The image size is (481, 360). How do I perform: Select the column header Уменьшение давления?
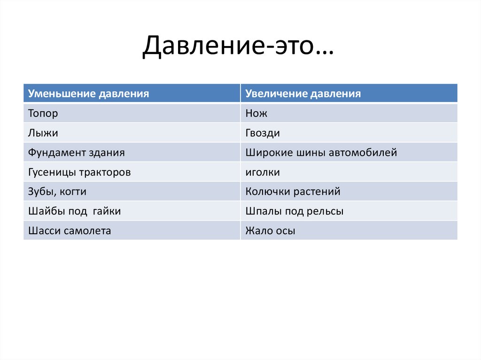click(x=89, y=93)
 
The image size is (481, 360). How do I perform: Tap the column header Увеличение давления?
click(x=303, y=93)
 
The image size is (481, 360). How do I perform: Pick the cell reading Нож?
click(x=256, y=113)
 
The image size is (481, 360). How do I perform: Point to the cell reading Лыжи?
click(x=43, y=133)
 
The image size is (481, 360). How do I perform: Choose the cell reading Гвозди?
click(x=263, y=133)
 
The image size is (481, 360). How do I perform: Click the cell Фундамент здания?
click(x=77, y=153)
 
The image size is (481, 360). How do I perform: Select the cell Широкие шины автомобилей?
click(x=321, y=153)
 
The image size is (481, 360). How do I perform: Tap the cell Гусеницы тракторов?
click(x=79, y=172)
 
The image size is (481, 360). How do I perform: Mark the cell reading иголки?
click(x=263, y=172)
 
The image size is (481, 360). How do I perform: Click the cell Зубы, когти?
click(x=57, y=191)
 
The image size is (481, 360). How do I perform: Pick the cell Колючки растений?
click(x=293, y=191)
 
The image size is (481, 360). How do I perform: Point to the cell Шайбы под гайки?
click(x=74, y=211)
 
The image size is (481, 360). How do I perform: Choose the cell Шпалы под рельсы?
click(x=294, y=211)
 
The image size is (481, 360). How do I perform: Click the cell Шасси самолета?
click(x=70, y=231)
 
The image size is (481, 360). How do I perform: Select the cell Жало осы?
click(x=270, y=231)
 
